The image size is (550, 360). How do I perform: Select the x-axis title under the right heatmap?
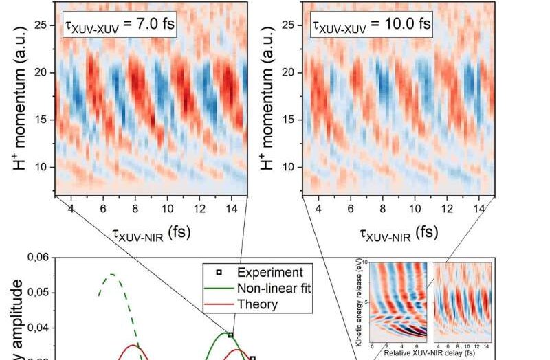click(398, 232)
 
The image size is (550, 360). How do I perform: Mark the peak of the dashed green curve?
click(111, 275)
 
